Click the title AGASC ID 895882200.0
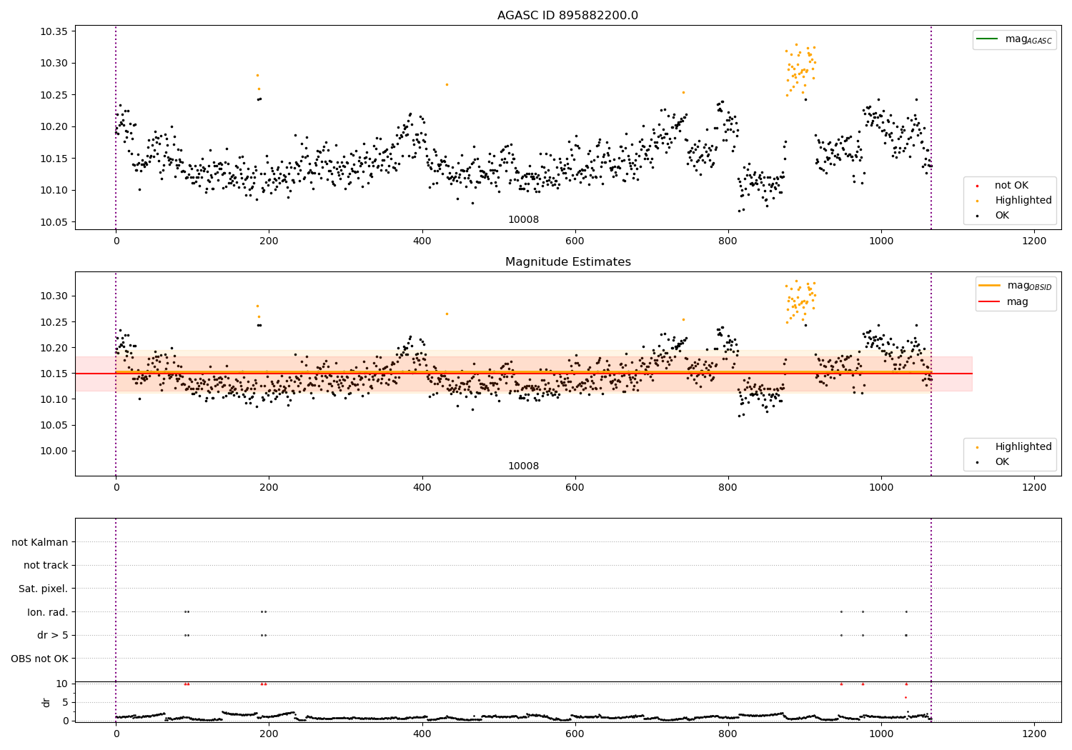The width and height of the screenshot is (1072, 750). pos(567,16)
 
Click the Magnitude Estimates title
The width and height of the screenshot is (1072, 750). pos(567,262)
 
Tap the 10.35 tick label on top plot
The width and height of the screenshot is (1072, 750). pos(54,31)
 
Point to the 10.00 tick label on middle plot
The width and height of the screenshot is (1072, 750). pos(54,451)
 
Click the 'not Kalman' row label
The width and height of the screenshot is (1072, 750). pos(40,542)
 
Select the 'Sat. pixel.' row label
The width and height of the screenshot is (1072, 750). pos(43,589)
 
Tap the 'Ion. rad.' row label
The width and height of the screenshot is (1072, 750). pos(47,612)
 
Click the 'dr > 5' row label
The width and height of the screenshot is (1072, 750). pos(52,635)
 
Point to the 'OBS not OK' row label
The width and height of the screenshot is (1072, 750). pos(39,659)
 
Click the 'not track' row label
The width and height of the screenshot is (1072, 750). pos(46,565)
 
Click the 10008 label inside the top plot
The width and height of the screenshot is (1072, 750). pos(523,219)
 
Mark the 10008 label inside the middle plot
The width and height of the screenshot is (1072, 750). pos(523,466)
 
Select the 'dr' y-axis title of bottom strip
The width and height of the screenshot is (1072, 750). pos(46,702)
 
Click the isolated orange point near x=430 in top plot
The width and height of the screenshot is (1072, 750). pos(447,84)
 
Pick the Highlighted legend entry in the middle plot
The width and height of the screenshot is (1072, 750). pos(1023,446)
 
